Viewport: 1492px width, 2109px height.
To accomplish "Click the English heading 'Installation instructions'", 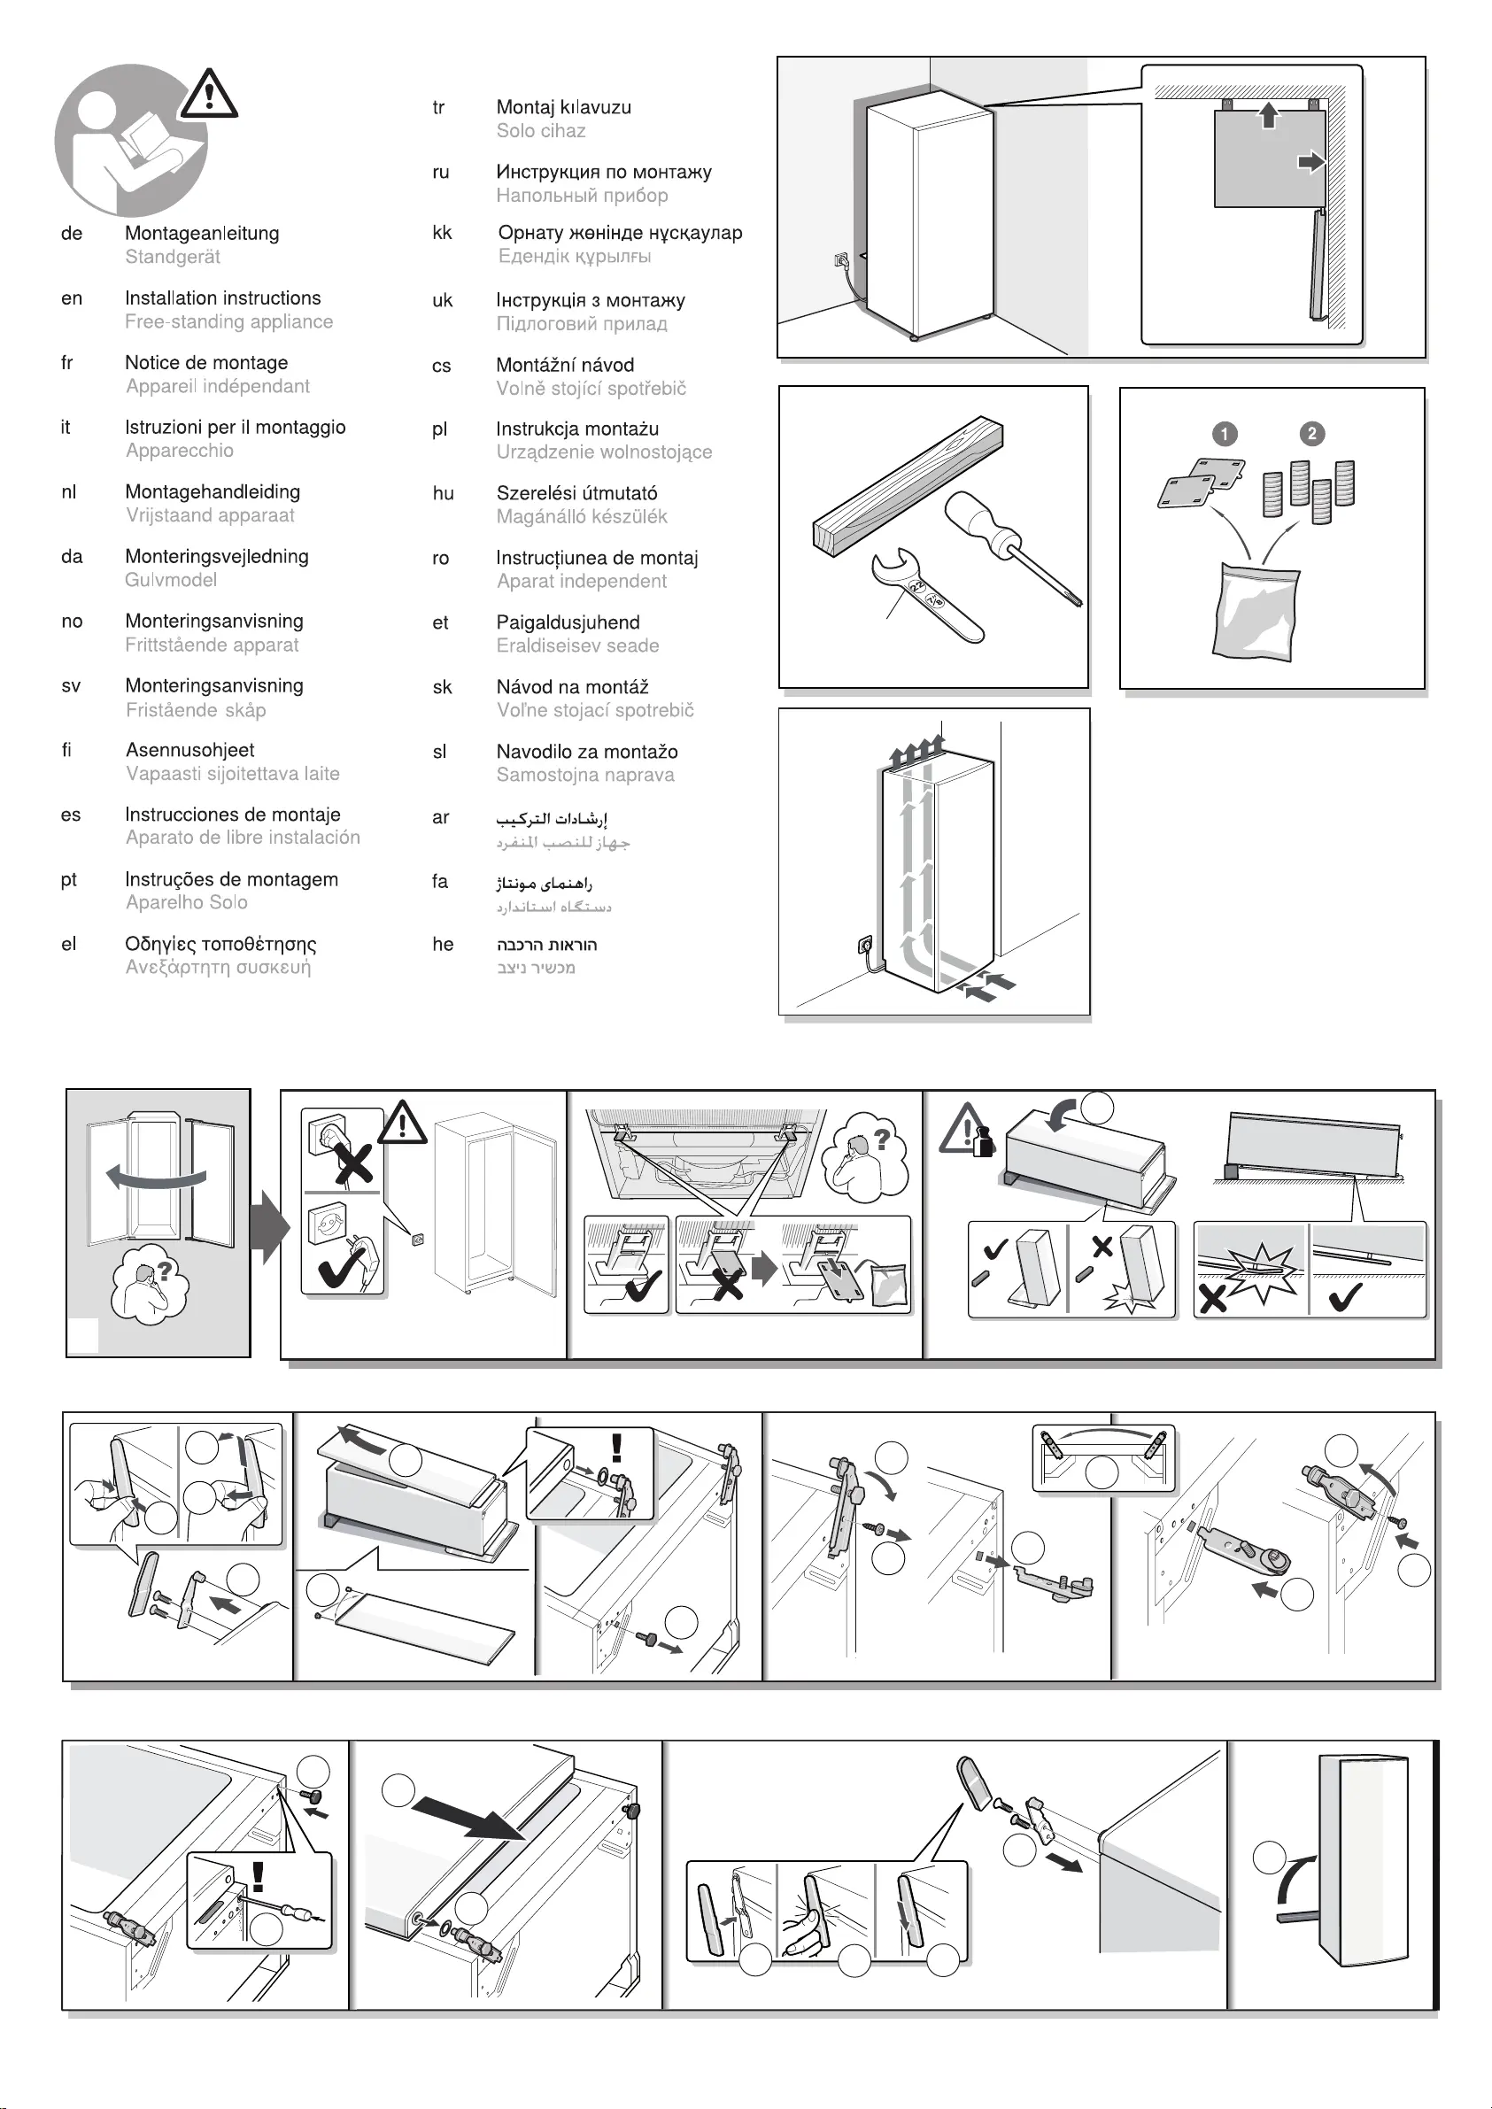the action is [x=222, y=297].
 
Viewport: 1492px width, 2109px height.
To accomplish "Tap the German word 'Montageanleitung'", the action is [x=202, y=234].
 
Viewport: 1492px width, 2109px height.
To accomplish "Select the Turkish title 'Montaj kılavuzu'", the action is [x=563, y=107].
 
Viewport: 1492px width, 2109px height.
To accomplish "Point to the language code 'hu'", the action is [x=443, y=494].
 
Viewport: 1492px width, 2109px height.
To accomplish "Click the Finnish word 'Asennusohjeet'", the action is [x=189, y=751].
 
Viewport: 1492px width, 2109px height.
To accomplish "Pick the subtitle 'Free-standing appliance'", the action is [x=228, y=322].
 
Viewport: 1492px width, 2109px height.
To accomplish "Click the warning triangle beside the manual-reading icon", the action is [x=210, y=95].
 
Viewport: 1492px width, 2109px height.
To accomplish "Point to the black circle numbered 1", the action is [x=1225, y=434].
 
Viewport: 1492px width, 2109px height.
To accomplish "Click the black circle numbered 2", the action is [x=1312, y=434].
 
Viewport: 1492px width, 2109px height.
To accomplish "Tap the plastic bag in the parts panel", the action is [x=1255, y=611].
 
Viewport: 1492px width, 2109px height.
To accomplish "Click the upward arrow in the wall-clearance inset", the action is [x=1268, y=115].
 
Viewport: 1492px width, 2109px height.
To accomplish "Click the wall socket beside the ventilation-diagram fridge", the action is [x=864, y=945].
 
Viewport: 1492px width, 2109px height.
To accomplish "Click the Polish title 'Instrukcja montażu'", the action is [x=577, y=429].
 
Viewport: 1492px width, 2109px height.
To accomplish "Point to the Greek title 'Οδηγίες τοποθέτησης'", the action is [x=220, y=945].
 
